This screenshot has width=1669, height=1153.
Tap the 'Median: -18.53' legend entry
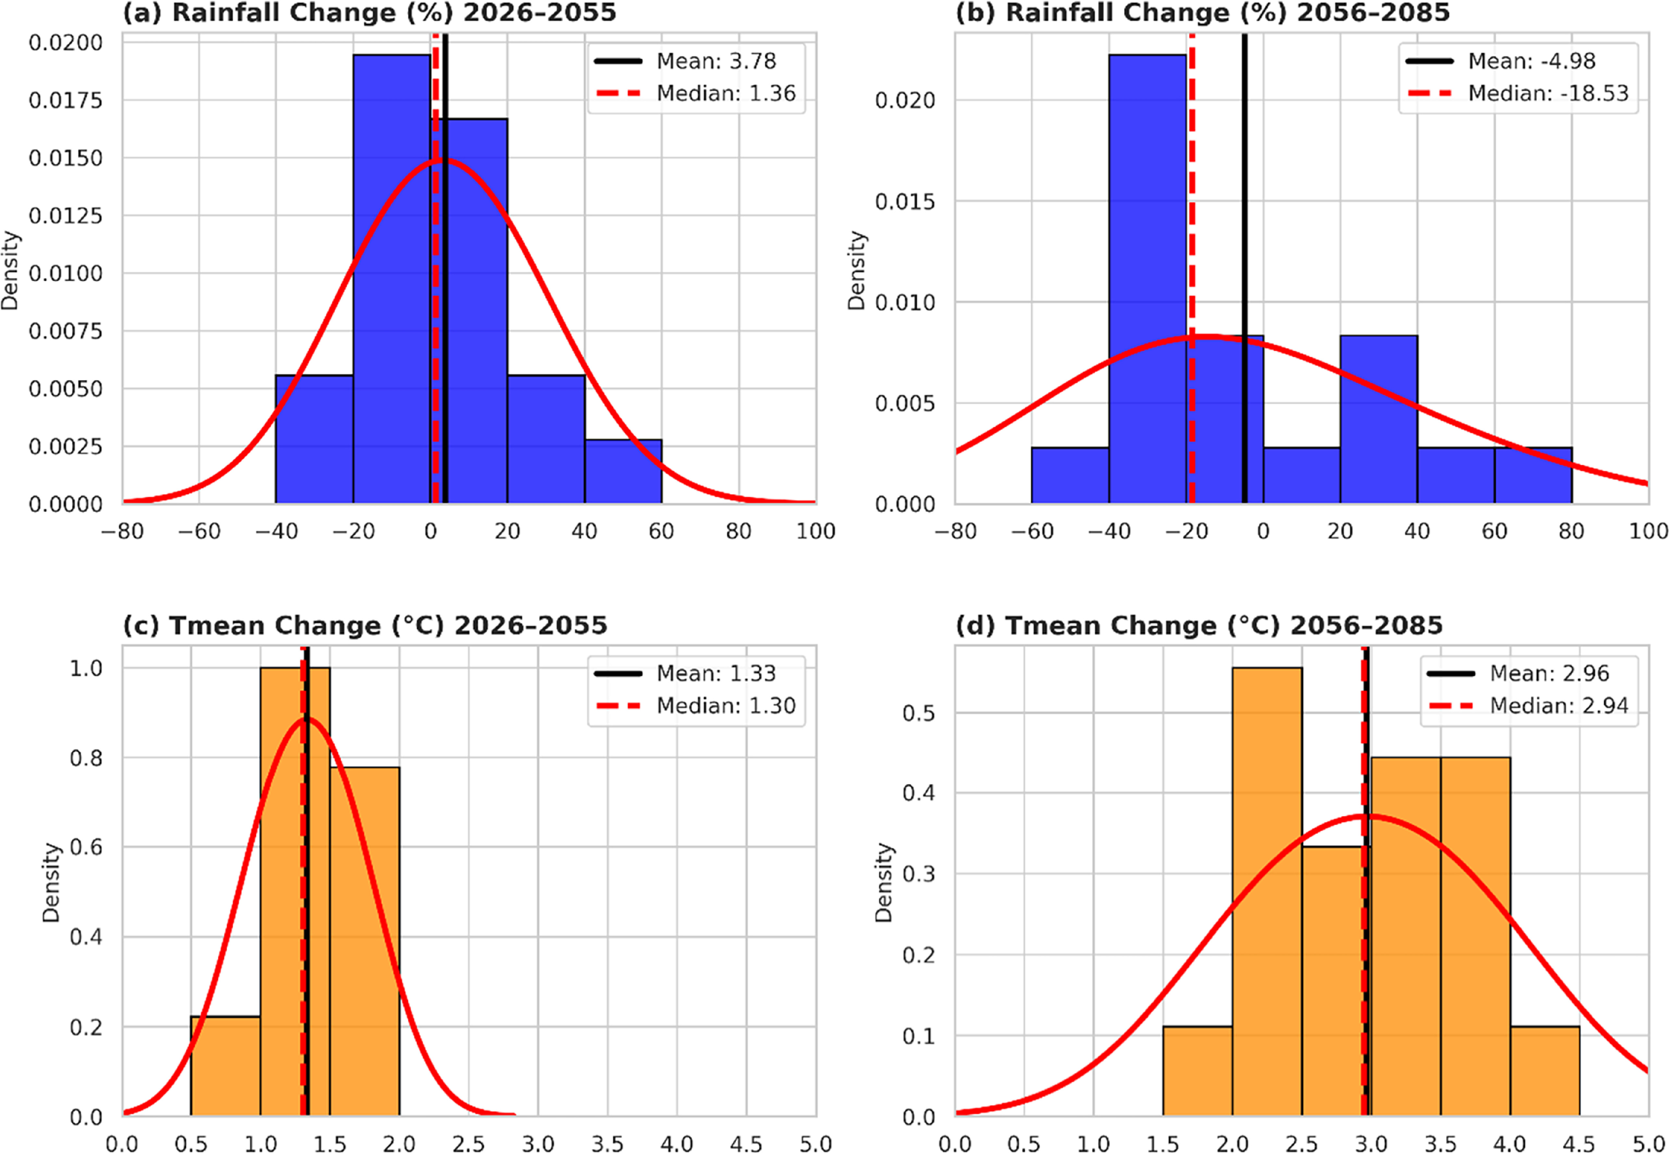(x=1518, y=93)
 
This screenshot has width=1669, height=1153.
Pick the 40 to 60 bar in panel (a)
(x=623, y=471)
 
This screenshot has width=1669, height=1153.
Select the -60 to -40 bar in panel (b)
(x=1070, y=475)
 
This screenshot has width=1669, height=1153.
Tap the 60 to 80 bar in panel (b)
(x=1533, y=475)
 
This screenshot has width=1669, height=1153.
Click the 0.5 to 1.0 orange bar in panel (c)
(x=225, y=1066)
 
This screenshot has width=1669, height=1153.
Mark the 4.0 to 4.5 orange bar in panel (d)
(x=1545, y=1072)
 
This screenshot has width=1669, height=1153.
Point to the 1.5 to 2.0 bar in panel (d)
(x=1197, y=1072)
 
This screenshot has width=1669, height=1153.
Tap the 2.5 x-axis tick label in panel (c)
(x=469, y=1143)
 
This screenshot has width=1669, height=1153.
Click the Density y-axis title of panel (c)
(x=51, y=882)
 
